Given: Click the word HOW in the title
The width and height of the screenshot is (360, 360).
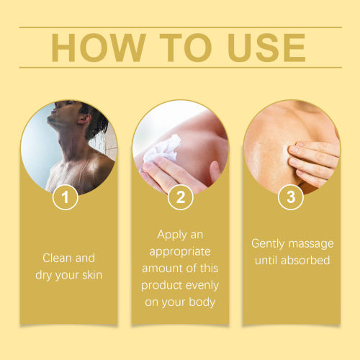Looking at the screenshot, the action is tap(99, 48).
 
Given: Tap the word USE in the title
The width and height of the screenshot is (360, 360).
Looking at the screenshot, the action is tap(266, 48).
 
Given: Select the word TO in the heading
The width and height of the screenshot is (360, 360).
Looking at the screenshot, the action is tap(186, 48).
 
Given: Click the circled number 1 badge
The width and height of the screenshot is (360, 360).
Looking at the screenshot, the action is tap(66, 197).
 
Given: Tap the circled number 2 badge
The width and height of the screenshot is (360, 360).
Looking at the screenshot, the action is tap(181, 197).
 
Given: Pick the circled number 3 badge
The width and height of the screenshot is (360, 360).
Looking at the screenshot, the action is tap(291, 197).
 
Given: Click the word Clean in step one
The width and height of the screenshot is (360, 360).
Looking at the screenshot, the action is tap(57, 258).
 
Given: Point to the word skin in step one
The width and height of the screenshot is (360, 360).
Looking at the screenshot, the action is tap(92, 275).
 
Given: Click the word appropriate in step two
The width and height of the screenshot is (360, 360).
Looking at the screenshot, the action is tap(180, 252).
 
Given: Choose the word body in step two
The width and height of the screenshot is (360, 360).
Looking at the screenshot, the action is tap(202, 302).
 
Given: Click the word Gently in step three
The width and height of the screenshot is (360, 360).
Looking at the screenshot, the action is tap(268, 244).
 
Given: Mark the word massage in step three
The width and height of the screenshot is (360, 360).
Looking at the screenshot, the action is tap(311, 244).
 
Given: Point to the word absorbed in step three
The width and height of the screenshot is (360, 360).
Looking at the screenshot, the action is tap(305, 260).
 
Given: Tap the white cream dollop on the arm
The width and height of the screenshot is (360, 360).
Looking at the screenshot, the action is tap(161, 149).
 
